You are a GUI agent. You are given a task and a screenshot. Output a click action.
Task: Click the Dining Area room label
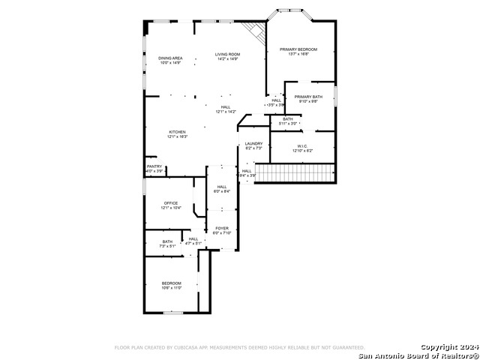click(170, 58)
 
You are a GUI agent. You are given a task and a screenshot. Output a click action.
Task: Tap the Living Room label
click(227, 54)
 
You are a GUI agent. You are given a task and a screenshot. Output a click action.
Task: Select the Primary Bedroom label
click(298, 49)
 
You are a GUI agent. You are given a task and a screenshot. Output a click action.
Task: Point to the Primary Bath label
click(307, 97)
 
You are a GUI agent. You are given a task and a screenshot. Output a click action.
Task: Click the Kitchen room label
click(177, 132)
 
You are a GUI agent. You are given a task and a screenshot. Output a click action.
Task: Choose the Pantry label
click(154, 166)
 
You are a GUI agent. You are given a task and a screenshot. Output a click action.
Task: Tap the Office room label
click(171, 202)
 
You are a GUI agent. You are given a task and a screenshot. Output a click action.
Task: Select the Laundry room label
click(253, 143)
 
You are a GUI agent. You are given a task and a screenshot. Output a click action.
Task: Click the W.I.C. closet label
click(302, 146)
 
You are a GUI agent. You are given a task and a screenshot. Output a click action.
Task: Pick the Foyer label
click(222, 228)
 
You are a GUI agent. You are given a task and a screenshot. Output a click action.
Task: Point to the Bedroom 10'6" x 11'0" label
click(171, 283)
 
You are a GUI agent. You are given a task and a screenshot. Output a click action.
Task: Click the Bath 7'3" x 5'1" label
click(166, 241)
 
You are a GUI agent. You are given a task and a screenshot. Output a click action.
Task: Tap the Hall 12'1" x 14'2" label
click(226, 107)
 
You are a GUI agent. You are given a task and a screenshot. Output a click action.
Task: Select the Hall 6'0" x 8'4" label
click(222, 187)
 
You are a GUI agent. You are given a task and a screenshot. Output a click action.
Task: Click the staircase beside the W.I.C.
click(293, 173)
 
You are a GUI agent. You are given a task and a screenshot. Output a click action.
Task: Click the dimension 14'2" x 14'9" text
click(227, 58)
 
